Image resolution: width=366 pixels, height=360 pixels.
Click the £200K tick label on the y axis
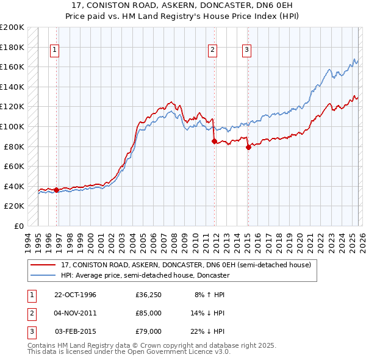(x=12, y=27)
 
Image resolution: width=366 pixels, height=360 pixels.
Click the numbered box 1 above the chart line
(x=55, y=51)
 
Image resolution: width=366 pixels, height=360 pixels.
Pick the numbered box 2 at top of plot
(x=212, y=51)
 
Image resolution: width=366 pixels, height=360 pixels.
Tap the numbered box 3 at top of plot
(x=246, y=51)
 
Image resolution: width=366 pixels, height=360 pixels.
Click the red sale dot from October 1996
(x=57, y=190)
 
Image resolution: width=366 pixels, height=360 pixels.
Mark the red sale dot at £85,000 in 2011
(x=213, y=142)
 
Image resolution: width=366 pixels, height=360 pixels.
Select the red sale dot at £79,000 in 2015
(x=248, y=147)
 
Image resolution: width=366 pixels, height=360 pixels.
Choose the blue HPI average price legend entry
(x=144, y=276)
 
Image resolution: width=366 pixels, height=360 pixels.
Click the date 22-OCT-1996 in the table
(x=75, y=295)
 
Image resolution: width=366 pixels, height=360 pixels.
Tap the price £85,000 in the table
(x=148, y=313)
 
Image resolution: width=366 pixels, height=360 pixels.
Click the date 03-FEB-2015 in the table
(x=75, y=331)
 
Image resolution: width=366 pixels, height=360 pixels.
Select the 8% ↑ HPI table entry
(x=209, y=295)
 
